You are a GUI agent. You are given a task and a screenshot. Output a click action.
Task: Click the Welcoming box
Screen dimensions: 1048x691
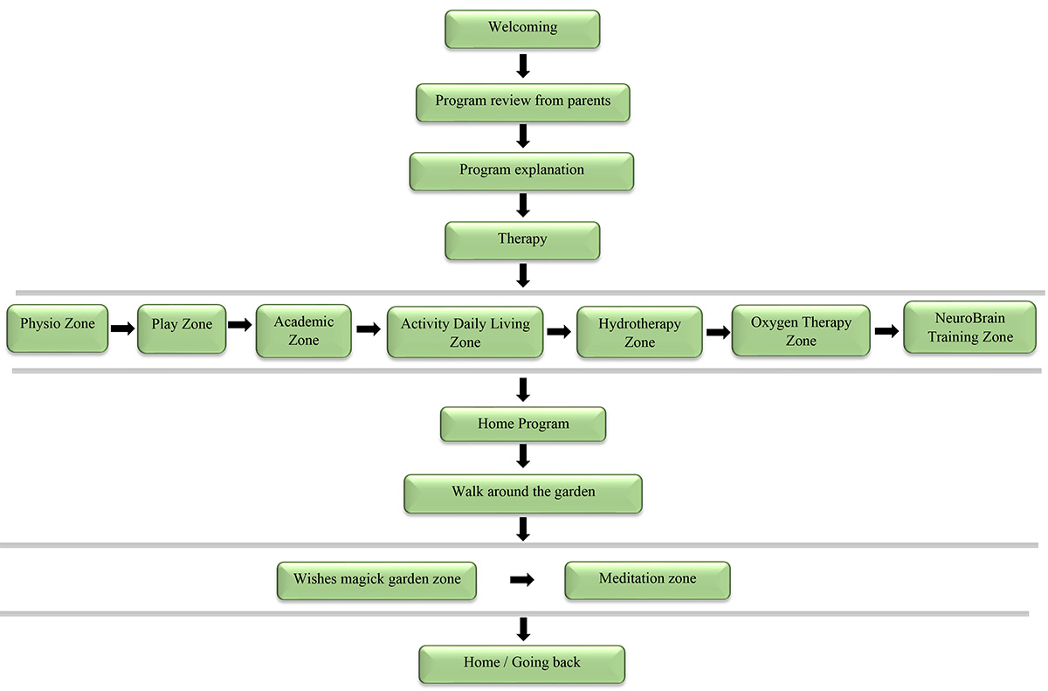click(x=522, y=29)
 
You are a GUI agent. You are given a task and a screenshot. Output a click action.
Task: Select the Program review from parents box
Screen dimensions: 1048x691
click(x=522, y=102)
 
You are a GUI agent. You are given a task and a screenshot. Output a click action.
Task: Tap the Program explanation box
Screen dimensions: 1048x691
click(x=521, y=171)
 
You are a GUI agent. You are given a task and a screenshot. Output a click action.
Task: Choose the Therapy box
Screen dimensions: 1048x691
click(x=522, y=240)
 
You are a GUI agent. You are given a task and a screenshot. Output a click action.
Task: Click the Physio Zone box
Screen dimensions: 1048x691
click(x=58, y=328)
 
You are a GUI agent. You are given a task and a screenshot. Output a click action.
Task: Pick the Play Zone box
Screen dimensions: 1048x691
click(x=182, y=328)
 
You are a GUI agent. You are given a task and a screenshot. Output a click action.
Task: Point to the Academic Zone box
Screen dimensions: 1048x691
click(x=304, y=331)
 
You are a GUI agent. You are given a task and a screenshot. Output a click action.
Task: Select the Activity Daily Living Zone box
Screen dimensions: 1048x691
click(x=465, y=332)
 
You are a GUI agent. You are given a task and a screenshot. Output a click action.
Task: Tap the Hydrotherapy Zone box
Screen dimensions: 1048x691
click(x=639, y=332)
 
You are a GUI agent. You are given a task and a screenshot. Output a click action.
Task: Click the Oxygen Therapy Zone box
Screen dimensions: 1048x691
click(x=801, y=330)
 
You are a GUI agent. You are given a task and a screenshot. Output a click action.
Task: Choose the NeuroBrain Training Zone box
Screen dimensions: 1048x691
click(x=970, y=327)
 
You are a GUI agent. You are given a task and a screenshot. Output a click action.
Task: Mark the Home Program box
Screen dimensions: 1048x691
click(x=523, y=424)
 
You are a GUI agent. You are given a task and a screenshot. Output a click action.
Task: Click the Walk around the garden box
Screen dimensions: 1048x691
click(x=523, y=494)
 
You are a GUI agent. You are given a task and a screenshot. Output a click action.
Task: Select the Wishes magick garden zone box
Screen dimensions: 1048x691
click(x=376, y=581)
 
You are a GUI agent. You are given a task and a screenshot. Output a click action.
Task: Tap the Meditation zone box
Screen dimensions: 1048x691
click(x=647, y=580)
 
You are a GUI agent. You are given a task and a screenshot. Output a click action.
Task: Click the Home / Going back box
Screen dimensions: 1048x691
click(x=521, y=664)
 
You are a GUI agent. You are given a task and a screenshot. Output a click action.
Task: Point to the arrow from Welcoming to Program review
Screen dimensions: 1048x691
click(x=523, y=66)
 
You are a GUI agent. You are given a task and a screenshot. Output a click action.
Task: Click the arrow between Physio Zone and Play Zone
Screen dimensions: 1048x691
click(x=122, y=328)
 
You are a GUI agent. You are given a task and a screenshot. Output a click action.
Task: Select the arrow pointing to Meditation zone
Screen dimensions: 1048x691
click(x=521, y=580)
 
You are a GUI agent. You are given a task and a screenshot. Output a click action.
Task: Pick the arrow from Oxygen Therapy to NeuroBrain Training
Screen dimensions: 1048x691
click(x=886, y=331)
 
